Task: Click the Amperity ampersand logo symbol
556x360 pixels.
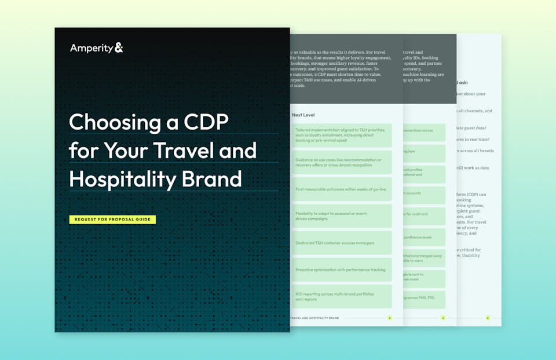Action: coord(119,48)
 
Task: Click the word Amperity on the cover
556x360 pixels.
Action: coord(92,48)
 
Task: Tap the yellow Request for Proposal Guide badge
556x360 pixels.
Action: coord(112,219)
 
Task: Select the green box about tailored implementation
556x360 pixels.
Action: coord(341,135)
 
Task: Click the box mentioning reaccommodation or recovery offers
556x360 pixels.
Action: coord(341,163)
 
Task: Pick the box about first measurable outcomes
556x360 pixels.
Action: coord(341,189)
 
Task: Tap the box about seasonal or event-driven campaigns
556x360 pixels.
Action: coord(341,216)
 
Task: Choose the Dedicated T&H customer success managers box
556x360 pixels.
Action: coord(341,243)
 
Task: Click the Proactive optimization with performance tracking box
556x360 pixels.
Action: coord(341,270)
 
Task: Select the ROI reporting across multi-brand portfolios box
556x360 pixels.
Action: coord(341,296)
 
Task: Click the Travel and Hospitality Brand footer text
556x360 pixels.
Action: coord(314,318)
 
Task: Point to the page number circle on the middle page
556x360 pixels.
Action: coord(443,318)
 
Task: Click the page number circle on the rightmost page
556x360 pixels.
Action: coord(488,318)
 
